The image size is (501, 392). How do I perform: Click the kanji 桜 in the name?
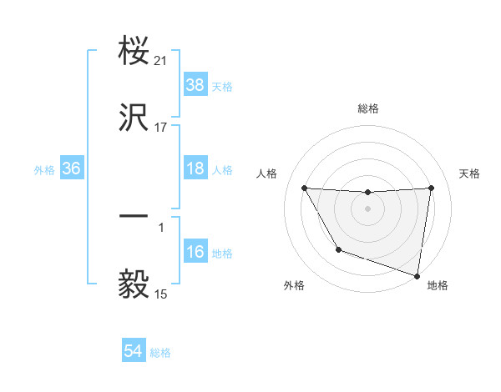point(135,53)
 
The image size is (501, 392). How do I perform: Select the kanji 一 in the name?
point(135,216)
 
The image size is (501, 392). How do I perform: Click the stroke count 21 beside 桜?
point(161,61)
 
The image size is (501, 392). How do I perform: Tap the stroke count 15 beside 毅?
point(161,294)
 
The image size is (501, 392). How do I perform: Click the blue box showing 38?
point(195,85)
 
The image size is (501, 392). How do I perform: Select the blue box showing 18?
point(195,168)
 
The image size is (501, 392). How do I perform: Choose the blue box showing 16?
point(195,252)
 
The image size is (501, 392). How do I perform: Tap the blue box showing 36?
point(72,168)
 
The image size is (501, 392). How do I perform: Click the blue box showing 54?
point(134,352)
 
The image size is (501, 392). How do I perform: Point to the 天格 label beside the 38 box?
point(222,87)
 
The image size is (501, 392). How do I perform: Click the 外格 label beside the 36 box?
point(44,170)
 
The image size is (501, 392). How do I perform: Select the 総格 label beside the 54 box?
point(160,354)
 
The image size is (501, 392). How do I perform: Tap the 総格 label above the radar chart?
point(368,108)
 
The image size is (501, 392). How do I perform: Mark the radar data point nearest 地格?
point(417,275)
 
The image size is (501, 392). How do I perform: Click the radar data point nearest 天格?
point(432,188)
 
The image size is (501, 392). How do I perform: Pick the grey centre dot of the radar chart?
point(368,209)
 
